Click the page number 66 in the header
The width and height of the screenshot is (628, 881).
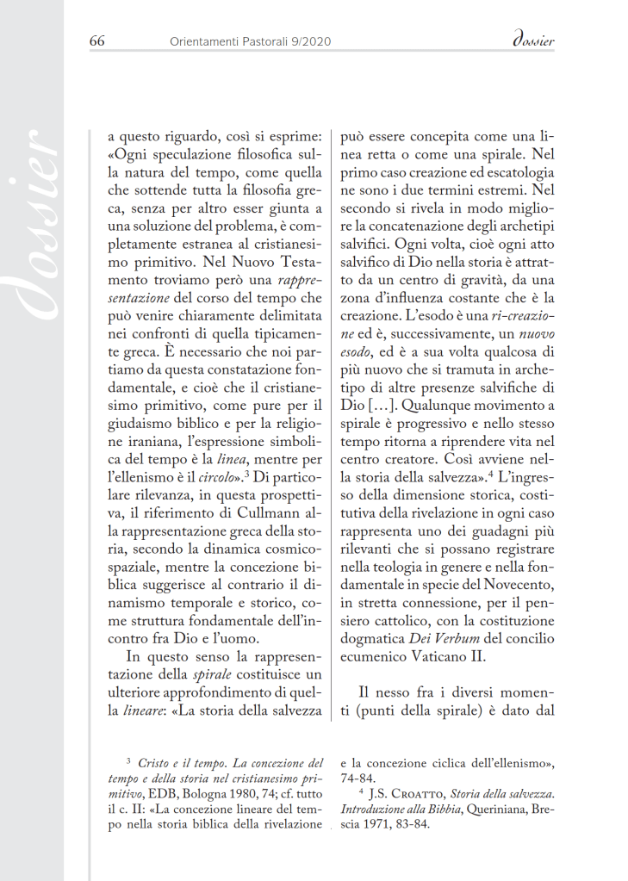[x=96, y=41]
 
